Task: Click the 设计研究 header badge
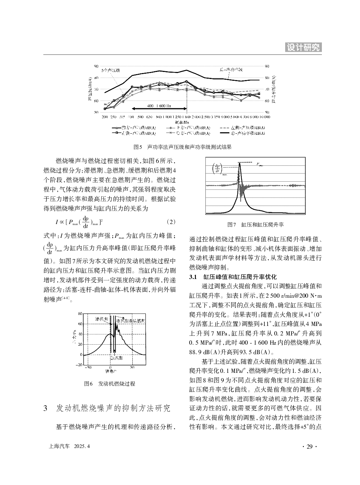point(303,47)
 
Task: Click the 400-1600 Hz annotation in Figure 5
point(159,105)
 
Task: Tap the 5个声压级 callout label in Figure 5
point(110,70)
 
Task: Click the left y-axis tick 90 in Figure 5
point(96,66)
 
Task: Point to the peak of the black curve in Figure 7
point(240,163)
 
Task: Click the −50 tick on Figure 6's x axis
point(88,367)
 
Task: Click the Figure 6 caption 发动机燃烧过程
point(110,383)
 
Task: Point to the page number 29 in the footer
point(310,447)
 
